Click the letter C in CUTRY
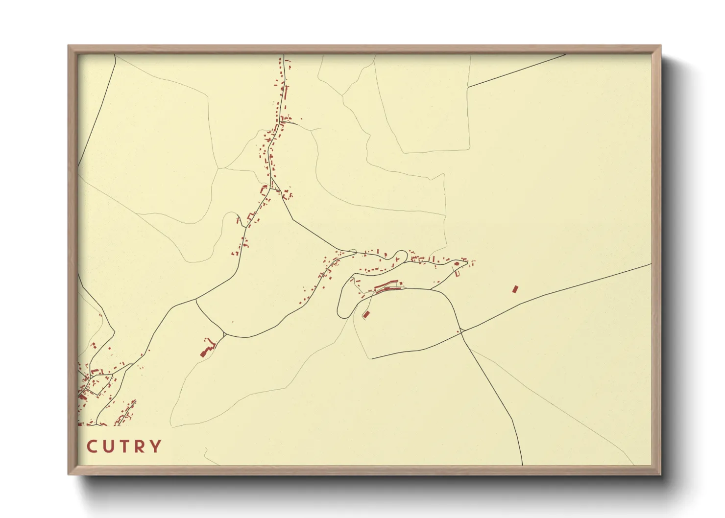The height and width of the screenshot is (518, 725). click(x=92, y=447)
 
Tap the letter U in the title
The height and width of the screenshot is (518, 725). click(x=108, y=447)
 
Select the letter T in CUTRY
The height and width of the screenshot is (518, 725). click(x=124, y=447)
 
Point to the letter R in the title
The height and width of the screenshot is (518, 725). click(x=140, y=447)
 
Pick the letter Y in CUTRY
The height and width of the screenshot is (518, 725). click(x=156, y=447)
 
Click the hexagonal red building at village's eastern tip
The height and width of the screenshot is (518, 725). click(x=457, y=264)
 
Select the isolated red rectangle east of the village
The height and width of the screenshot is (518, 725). click(x=514, y=289)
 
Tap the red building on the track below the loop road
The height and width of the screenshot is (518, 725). click(x=366, y=314)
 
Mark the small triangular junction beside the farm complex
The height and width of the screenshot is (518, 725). click(x=223, y=335)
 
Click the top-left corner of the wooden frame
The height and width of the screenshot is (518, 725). click(x=69, y=46)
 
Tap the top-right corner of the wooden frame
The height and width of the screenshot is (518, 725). click(x=660, y=46)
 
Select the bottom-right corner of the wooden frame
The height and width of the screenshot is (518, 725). click(x=660, y=474)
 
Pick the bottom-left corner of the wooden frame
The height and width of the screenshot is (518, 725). click(x=69, y=474)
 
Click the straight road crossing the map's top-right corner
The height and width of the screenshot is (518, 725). click(x=517, y=71)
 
